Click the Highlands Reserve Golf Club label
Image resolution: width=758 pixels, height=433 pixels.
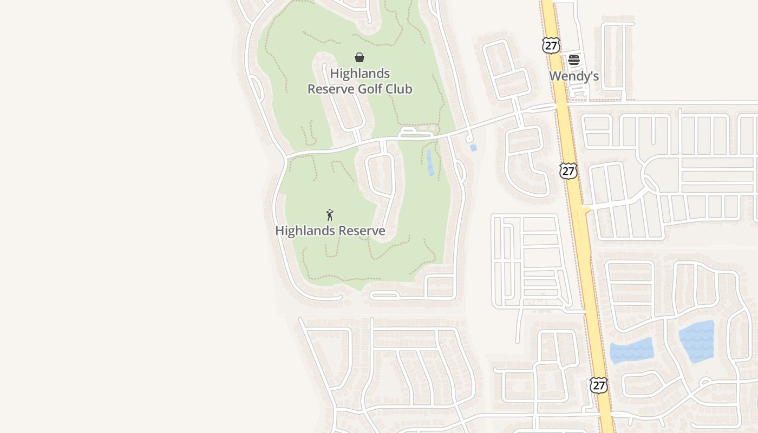click(x=360, y=81)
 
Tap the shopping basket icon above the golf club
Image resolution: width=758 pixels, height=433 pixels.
click(x=359, y=57)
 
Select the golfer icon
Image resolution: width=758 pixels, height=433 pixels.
click(x=330, y=215)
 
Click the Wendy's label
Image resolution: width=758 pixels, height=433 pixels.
click(x=574, y=76)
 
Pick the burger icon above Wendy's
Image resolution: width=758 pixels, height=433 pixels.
click(x=574, y=60)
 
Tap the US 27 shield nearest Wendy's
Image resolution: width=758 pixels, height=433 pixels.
click(x=551, y=45)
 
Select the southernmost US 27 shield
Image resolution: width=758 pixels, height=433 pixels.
click(x=598, y=385)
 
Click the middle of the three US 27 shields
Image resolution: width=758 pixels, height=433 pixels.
click(x=568, y=171)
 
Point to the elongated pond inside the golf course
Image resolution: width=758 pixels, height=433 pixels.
click(x=430, y=163)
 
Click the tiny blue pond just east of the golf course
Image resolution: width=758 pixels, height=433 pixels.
click(x=473, y=148)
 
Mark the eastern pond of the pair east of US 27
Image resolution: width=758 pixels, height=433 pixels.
click(x=697, y=341)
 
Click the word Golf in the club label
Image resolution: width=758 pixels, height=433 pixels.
click(x=373, y=89)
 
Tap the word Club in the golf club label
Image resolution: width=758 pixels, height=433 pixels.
click(x=400, y=89)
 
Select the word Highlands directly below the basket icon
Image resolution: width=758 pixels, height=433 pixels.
click(x=360, y=73)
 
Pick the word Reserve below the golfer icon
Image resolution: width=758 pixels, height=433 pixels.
click(x=362, y=231)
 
